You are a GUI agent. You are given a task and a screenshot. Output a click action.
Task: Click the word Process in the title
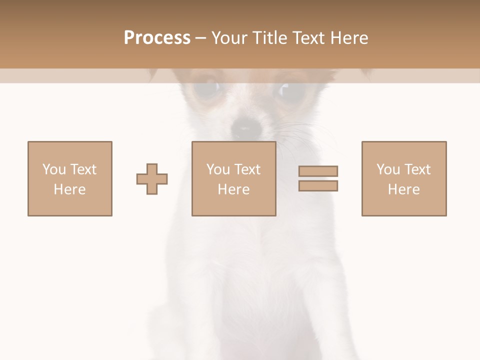pyautogui.click(x=157, y=38)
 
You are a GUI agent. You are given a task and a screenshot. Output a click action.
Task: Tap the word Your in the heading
pyautogui.click(x=228, y=38)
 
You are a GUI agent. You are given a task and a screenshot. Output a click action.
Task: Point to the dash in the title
pyautogui.click(x=200, y=38)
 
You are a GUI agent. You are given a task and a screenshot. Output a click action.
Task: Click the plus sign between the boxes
pyautogui.click(x=152, y=179)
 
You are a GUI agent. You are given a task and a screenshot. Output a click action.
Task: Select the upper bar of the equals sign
pyautogui.click(x=318, y=171)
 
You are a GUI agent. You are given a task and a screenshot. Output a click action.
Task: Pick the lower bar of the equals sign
pyautogui.click(x=318, y=185)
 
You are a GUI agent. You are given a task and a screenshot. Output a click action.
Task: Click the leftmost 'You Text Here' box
pyautogui.click(x=69, y=178)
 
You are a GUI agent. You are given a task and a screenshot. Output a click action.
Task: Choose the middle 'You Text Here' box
pyautogui.click(x=233, y=178)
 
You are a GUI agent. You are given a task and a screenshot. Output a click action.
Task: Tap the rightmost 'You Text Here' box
pyautogui.click(x=403, y=178)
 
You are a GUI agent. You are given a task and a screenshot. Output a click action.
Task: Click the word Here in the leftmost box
pyautogui.click(x=69, y=189)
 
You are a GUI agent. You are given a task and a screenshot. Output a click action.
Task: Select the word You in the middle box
pyautogui.click(x=218, y=169)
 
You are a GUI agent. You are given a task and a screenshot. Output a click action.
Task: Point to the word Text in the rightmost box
pyautogui.click(x=417, y=169)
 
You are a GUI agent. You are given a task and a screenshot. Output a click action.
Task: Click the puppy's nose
pyautogui.click(x=246, y=127)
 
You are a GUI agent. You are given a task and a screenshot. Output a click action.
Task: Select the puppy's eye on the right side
pyautogui.click(x=289, y=90)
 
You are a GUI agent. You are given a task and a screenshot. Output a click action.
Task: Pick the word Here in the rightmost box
pyautogui.click(x=403, y=189)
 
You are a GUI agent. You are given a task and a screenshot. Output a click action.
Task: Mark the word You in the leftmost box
pyautogui.click(x=54, y=169)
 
